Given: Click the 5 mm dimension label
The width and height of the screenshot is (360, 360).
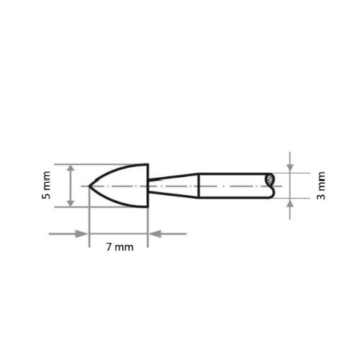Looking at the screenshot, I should [48, 186].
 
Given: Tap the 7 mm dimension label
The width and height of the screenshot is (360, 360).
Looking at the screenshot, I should [120, 247].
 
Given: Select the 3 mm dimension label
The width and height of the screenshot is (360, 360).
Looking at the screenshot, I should [321, 186].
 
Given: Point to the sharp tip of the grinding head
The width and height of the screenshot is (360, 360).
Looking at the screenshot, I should [89, 186].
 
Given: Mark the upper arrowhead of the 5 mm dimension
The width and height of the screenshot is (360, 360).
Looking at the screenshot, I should [71, 168].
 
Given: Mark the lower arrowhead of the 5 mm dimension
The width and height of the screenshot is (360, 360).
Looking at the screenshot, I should [71, 204].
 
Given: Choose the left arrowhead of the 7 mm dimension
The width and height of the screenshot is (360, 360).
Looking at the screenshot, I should [83, 233].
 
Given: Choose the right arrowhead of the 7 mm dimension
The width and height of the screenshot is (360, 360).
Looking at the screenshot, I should [154, 233].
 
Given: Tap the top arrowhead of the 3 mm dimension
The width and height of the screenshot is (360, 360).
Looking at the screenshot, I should [290, 168].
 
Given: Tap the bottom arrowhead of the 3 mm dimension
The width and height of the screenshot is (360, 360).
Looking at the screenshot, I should [290, 204].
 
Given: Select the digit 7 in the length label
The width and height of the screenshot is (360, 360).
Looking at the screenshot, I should [109, 247].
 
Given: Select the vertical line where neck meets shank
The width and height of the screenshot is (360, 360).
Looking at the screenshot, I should [199, 186].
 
